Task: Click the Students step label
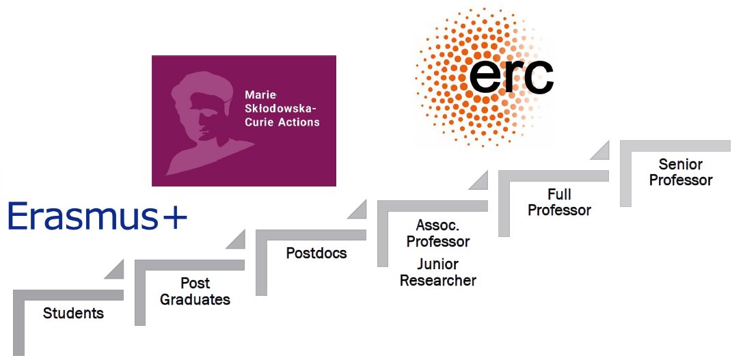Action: coord(73,314)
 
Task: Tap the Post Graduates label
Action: coord(195,292)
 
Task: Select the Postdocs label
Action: coord(316,253)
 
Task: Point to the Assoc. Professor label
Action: coord(438,234)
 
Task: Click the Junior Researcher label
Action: coord(438,273)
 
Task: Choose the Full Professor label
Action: coord(559,202)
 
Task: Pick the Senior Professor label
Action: coord(681,172)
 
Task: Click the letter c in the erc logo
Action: coord(537,77)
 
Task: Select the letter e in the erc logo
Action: coord(486,77)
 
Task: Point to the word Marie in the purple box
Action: coord(260,95)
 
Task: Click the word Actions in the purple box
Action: coord(299,122)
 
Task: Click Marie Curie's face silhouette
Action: coord(198,116)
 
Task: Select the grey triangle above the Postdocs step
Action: coord(357,209)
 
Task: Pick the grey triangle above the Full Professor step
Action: coord(478,179)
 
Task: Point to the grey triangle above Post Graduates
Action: coord(236,239)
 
